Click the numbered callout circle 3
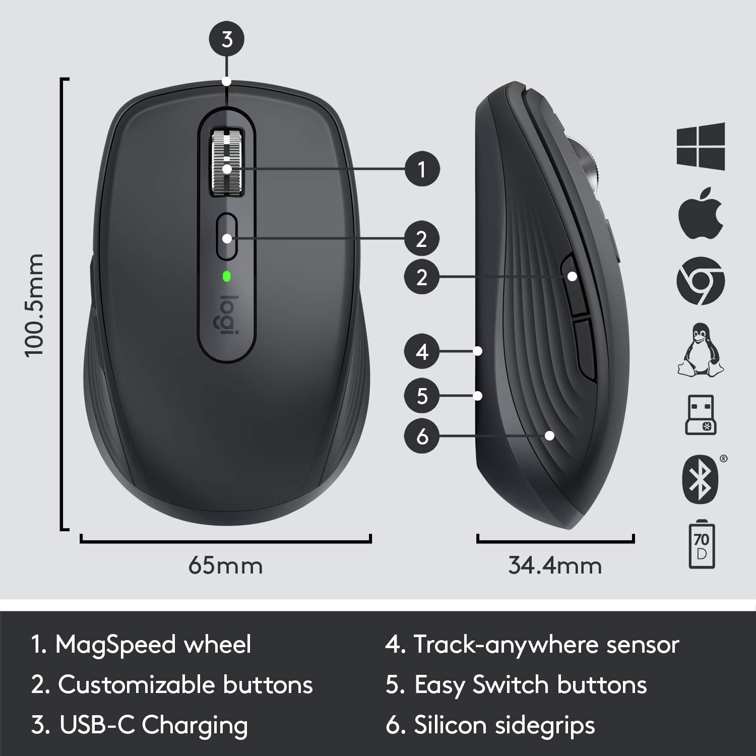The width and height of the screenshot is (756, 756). pyautogui.click(x=227, y=39)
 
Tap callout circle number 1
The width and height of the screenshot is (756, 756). pyautogui.click(x=422, y=169)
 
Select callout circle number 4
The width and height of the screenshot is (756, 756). pyautogui.click(x=422, y=351)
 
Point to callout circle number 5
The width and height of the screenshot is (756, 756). pyautogui.click(x=422, y=396)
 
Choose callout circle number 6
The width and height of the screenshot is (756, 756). pyautogui.click(x=422, y=435)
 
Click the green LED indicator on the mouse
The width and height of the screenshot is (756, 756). pyautogui.click(x=227, y=276)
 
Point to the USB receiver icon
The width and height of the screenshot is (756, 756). pyautogui.click(x=701, y=415)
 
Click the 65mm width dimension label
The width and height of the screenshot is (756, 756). pyautogui.click(x=225, y=565)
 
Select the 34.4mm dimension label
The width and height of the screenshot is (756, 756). pyautogui.click(x=554, y=565)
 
